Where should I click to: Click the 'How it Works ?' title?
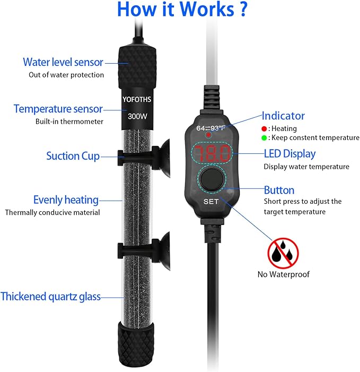pyautogui.click(x=182, y=9)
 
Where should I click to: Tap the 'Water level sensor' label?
pyautogui.click(x=63, y=62)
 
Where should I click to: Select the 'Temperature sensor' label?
pyautogui.click(x=58, y=109)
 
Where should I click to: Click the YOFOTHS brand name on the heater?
pyautogui.click(x=137, y=99)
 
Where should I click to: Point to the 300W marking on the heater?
pyautogui.click(x=137, y=117)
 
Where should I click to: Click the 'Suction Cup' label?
pyautogui.click(x=73, y=156)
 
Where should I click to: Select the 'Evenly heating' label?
pyautogui.click(x=66, y=200)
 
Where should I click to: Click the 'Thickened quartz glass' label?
pyautogui.click(x=51, y=297)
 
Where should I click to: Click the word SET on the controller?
pyautogui.click(x=210, y=202)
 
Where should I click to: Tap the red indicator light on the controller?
pyautogui.click(x=208, y=135)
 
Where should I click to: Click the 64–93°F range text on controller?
pyautogui.click(x=210, y=128)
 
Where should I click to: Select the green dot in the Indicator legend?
pyautogui.click(x=264, y=138)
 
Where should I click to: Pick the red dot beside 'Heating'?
pyautogui.click(x=264, y=129)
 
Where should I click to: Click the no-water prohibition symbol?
pyautogui.click(x=283, y=253)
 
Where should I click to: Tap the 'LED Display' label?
pyautogui.click(x=290, y=154)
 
